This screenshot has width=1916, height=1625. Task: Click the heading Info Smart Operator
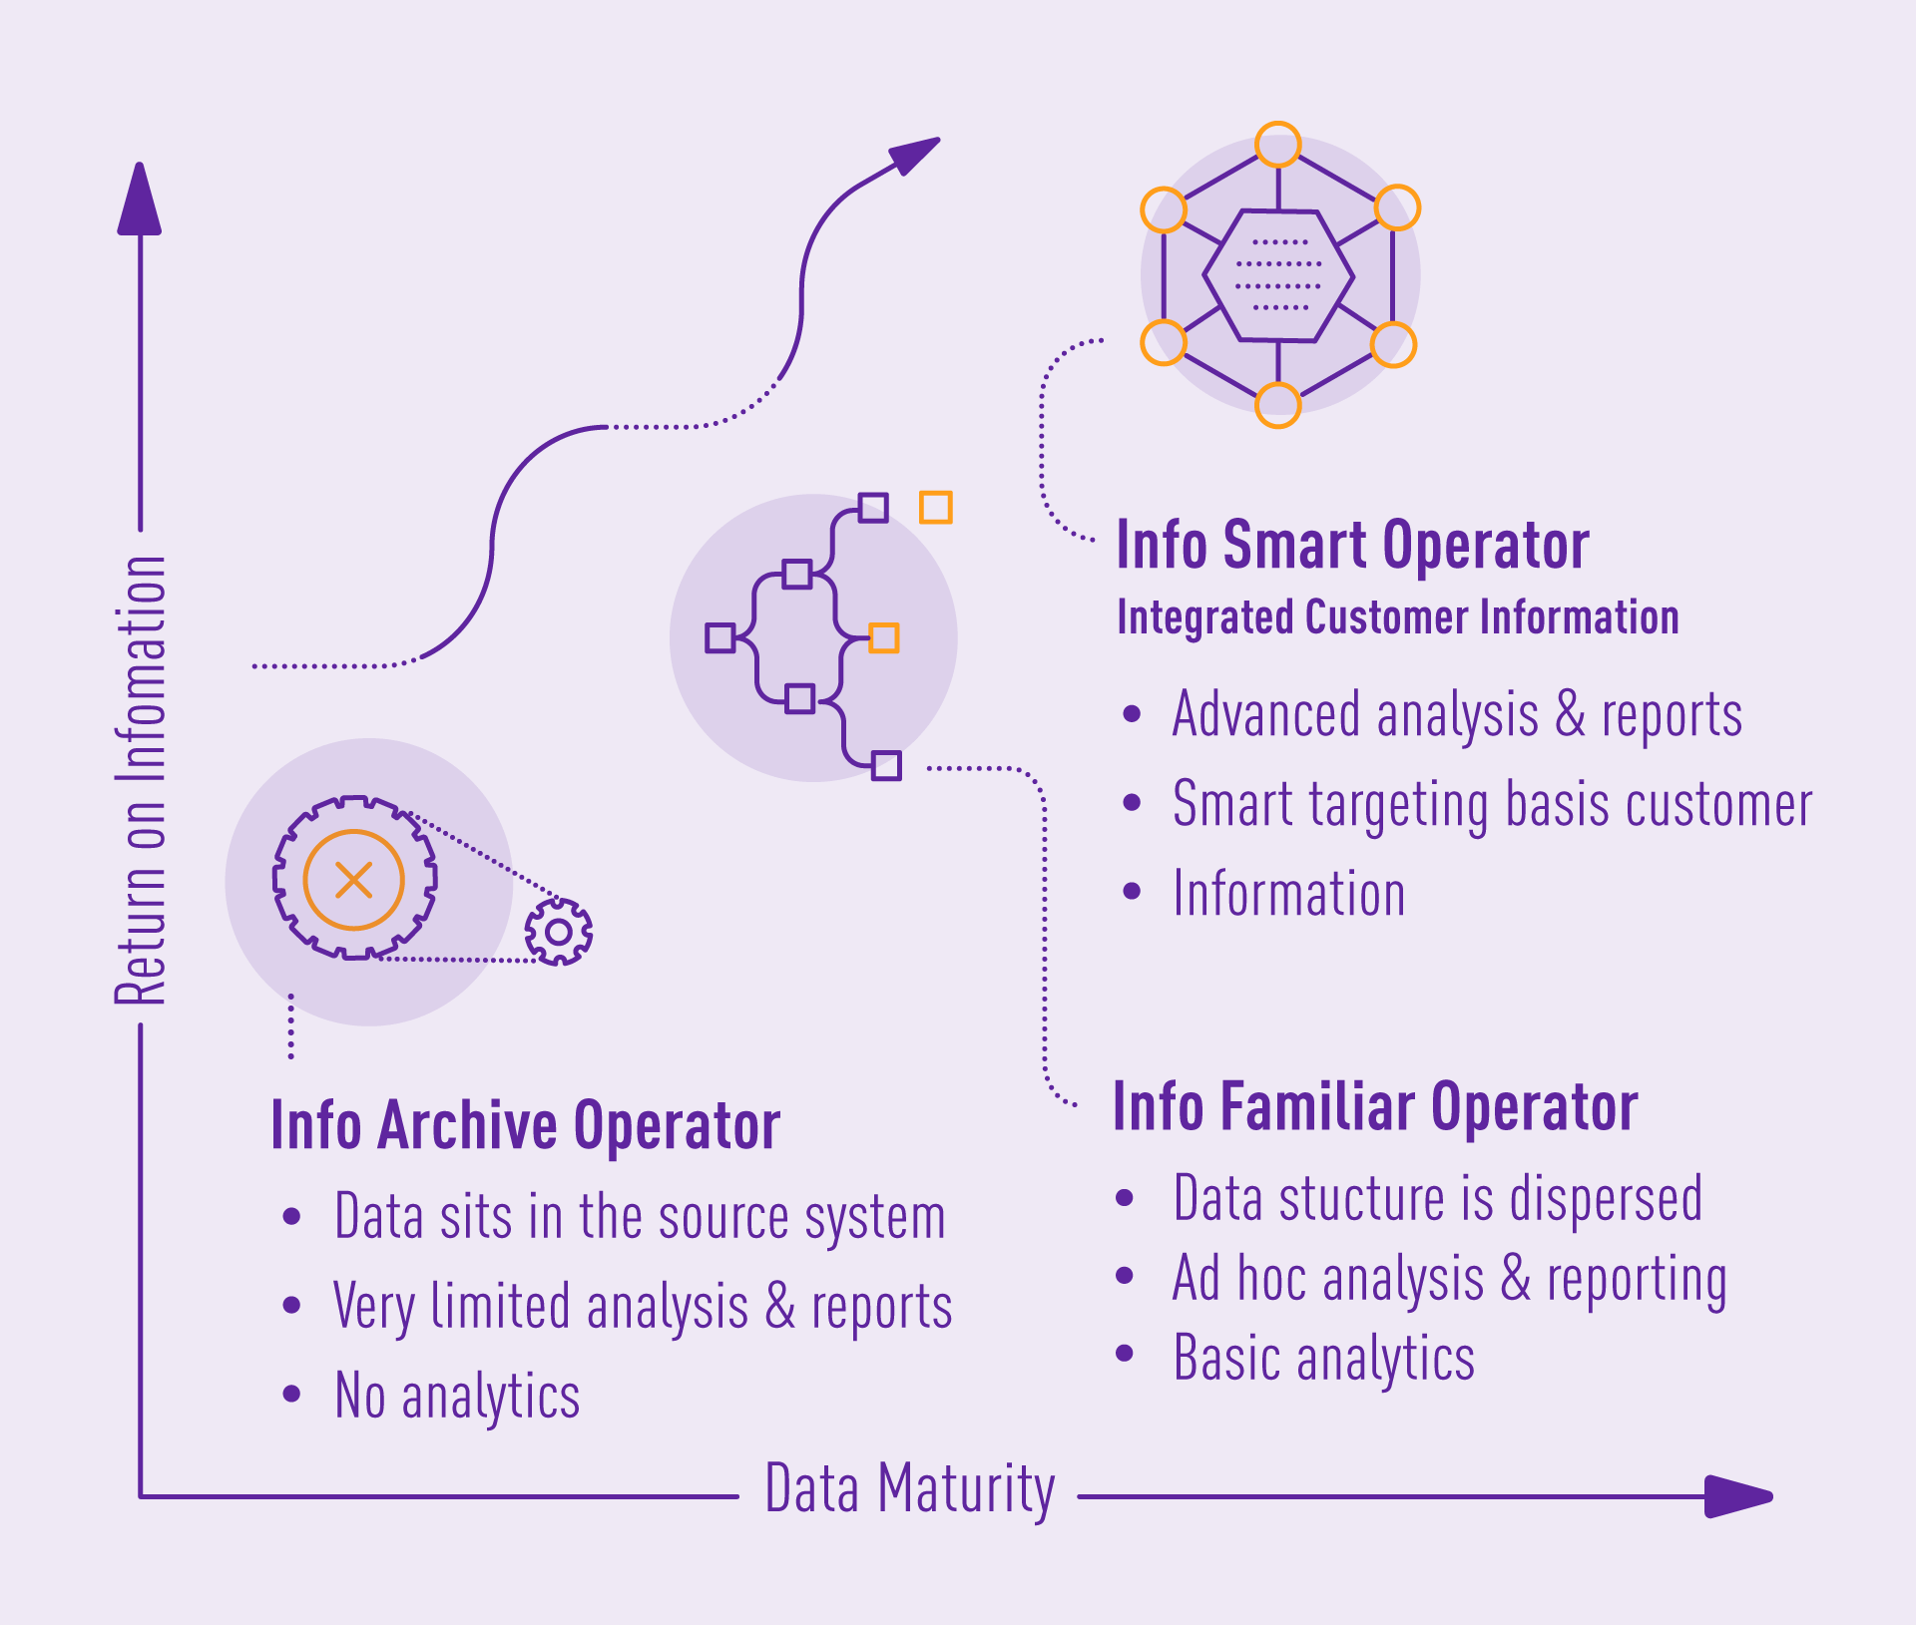click(1352, 546)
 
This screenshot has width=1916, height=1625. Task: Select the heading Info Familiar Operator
click(1375, 1107)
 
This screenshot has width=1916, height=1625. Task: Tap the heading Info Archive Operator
click(525, 1126)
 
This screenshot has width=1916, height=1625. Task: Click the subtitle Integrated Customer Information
click(1397, 617)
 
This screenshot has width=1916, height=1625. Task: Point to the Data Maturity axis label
click(909, 1489)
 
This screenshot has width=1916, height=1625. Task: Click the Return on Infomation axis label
click(140, 780)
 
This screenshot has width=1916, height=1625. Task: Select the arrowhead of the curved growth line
click(913, 156)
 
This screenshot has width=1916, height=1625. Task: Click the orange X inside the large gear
click(353, 880)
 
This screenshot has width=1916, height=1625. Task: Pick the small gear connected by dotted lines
click(559, 932)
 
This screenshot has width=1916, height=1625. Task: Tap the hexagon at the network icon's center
click(1278, 275)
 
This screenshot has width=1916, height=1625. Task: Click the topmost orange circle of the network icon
click(1277, 145)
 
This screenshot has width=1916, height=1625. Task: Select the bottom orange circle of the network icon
click(1277, 405)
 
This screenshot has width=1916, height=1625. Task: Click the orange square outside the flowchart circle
click(935, 507)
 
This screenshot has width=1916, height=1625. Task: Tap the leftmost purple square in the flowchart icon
click(719, 637)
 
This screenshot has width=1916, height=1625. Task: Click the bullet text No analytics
click(457, 1396)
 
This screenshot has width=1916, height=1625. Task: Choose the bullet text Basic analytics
click(1323, 1358)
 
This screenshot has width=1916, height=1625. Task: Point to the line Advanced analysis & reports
click(1457, 715)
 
